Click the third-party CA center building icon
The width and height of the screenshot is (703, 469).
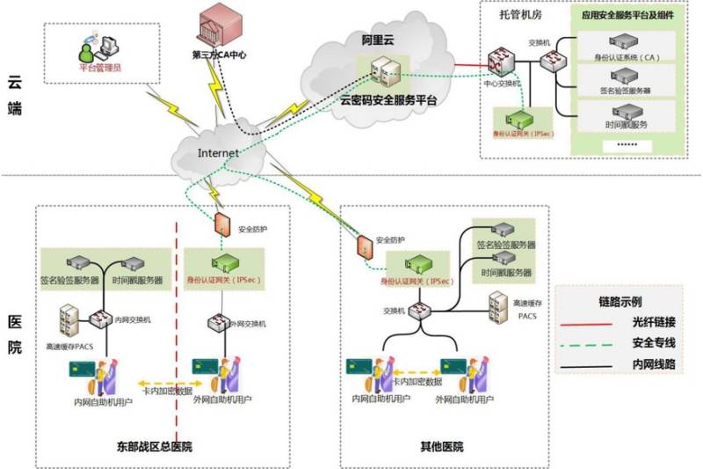(x=220, y=25)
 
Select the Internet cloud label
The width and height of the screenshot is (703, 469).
(x=218, y=153)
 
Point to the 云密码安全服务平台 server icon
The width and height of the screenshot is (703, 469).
(x=384, y=75)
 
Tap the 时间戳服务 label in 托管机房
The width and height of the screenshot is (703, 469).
(x=626, y=125)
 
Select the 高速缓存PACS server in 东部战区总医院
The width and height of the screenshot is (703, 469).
(x=71, y=319)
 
